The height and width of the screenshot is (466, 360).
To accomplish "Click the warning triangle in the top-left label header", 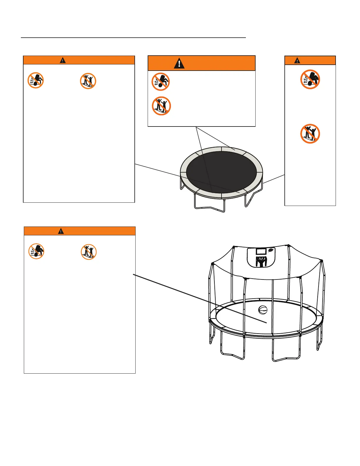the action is (63, 60).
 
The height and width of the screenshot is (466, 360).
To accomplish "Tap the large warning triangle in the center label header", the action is (179, 63).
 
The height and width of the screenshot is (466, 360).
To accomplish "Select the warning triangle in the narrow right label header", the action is (297, 61).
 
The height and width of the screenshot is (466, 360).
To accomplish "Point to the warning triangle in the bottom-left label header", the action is (61, 231).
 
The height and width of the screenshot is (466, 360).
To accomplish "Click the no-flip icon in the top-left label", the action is (36, 81).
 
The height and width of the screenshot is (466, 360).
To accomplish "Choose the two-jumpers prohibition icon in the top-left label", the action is (88, 81).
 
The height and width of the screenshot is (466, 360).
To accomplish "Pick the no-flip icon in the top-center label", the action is (161, 81).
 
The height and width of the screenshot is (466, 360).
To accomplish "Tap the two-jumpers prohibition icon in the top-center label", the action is (161, 106).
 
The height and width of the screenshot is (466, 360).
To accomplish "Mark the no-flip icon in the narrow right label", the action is (310, 79).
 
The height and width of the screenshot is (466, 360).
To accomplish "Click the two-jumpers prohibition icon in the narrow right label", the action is (310, 134).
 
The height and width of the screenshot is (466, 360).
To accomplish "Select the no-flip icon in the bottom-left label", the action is (36, 252).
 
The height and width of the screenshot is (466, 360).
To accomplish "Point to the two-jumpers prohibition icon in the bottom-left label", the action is (89, 252).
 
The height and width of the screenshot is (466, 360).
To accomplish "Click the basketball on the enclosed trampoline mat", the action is (263, 310).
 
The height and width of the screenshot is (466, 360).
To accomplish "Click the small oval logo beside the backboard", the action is (271, 251).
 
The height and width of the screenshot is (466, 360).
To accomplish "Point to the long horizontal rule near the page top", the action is (133, 38).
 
